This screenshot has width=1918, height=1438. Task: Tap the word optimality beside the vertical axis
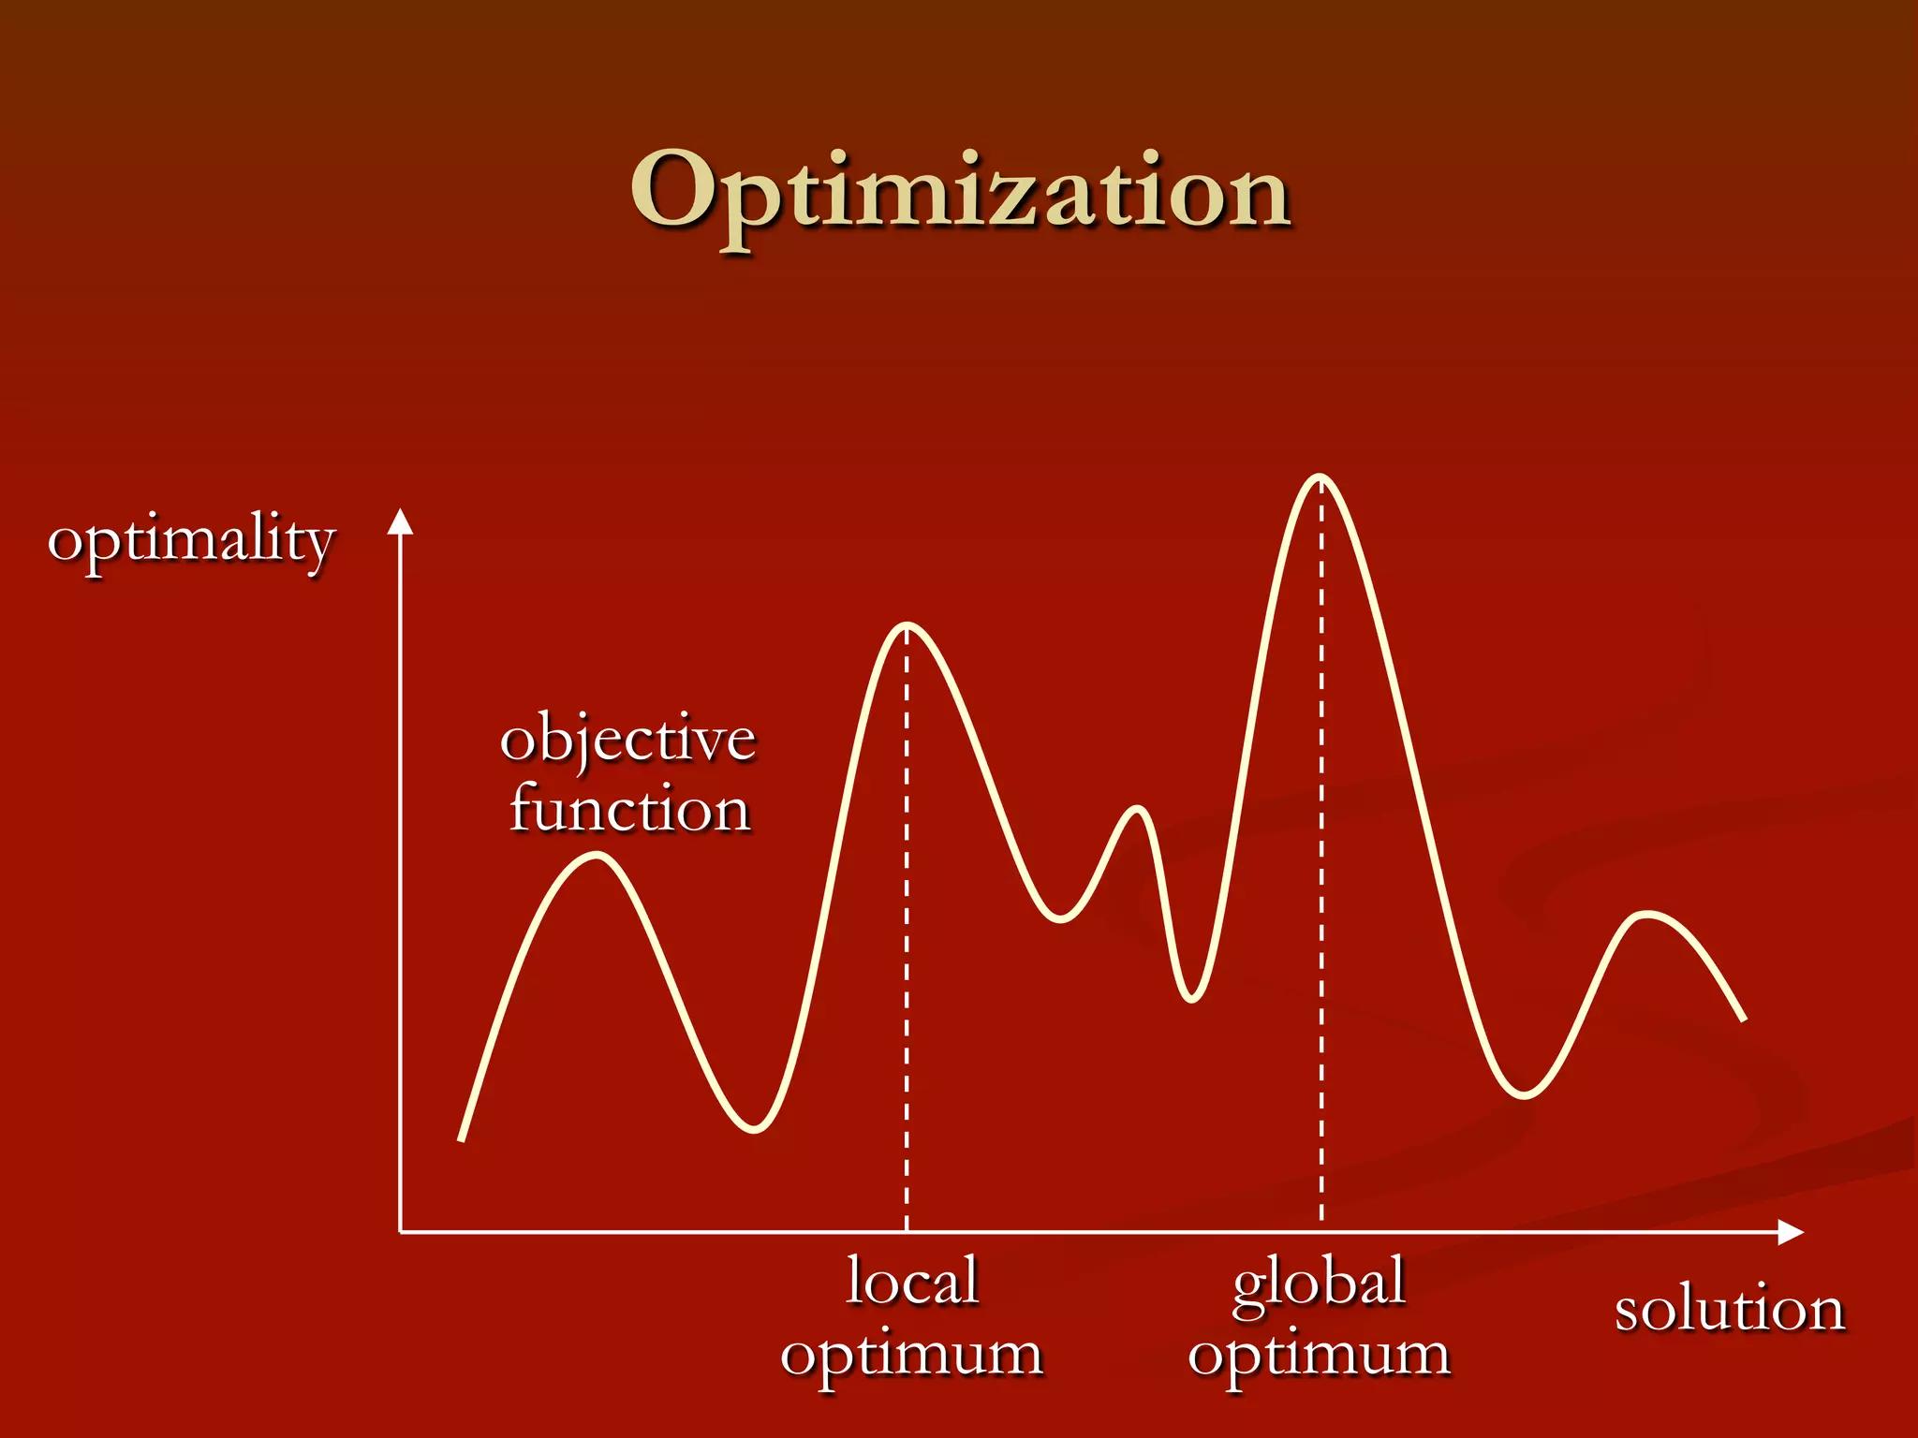(x=191, y=541)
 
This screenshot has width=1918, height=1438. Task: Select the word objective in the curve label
(x=627, y=740)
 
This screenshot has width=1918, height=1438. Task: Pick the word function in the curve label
(x=629, y=809)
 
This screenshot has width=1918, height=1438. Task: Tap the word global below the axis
(x=1319, y=1283)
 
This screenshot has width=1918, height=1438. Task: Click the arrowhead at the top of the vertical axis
(x=401, y=521)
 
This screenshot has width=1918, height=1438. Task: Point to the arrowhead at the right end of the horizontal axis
(x=1791, y=1232)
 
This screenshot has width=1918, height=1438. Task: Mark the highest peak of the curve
(x=1320, y=478)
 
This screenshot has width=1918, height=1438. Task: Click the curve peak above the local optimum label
(x=907, y=625)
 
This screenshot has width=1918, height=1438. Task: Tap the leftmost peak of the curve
(x=597, y=855)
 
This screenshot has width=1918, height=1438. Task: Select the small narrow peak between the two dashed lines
(x=1138, y=809)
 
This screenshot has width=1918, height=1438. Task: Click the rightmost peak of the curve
(x=1647, y=913)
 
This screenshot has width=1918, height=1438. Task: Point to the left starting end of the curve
(x=461, y=1139)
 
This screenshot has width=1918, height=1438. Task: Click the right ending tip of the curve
(x=1744, y=1020)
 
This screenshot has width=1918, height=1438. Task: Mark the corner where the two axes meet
(x=401, y=1232)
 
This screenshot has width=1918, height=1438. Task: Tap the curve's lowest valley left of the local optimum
(x=754, y=1130)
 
